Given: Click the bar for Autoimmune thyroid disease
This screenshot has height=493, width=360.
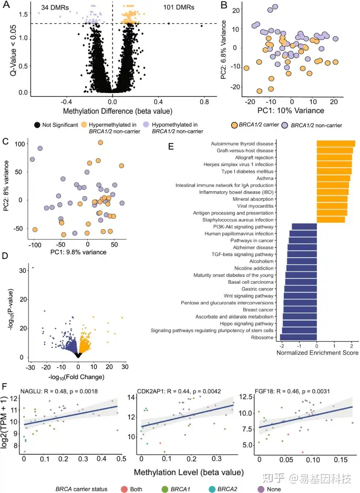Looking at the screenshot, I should tap(336, 143).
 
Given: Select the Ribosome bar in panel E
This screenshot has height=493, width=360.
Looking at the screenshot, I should tap(298, 337).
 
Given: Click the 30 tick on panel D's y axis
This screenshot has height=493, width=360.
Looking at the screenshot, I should tap(23, 270).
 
